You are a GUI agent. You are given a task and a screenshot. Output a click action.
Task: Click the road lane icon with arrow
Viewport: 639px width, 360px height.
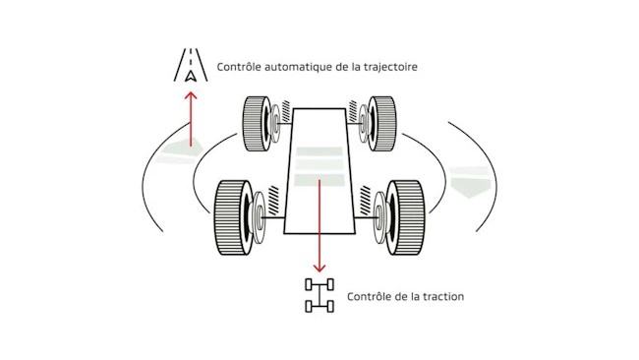coord(191,65)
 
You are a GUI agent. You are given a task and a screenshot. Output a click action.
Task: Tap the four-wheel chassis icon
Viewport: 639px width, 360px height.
coord(319,296)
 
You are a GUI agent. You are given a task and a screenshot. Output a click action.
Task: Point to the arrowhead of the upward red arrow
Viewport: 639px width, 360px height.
coord(191,95)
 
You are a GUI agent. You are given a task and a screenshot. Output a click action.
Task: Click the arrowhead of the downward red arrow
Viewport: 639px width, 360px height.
coord(319,268)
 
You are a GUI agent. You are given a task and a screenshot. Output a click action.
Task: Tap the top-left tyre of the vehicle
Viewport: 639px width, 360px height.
coord(257,124)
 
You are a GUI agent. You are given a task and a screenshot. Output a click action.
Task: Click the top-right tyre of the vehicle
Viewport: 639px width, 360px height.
coord(382,124)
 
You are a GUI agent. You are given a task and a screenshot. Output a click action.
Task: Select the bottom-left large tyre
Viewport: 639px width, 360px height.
coord(233,217)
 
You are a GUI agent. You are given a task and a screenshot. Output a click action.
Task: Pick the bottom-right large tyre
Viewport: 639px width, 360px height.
coord(405,217)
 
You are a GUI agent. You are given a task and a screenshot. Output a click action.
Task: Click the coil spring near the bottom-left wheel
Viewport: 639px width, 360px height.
coord(273,198)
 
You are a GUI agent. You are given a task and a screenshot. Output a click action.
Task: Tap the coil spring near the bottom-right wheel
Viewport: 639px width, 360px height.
coord(365,198)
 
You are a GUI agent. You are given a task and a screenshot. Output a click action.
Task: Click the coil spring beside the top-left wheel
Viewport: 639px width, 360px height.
coord(286,111)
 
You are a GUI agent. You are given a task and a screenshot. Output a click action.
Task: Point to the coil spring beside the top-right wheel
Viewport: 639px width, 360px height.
coord(353,111)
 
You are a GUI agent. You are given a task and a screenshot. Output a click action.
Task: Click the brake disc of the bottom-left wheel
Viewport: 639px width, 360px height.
coord(258,217)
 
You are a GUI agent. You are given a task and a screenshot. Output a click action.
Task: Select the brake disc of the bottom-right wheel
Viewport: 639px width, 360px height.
coord(380,217)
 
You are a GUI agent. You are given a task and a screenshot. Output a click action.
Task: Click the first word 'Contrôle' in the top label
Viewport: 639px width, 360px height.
coord(239,67)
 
